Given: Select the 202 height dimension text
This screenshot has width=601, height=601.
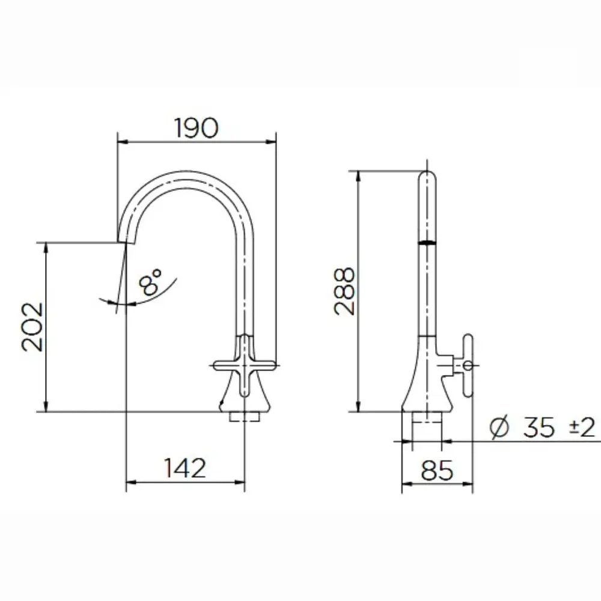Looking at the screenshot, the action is [32, 327].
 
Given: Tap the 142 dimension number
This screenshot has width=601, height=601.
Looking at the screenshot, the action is [185, 468].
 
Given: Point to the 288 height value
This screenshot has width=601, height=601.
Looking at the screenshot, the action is [344, 291].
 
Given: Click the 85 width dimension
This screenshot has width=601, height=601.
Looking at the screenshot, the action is [437, 471].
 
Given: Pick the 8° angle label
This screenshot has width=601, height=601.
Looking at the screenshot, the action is [150, 282].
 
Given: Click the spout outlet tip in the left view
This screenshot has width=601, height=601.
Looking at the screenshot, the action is [126, 242].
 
